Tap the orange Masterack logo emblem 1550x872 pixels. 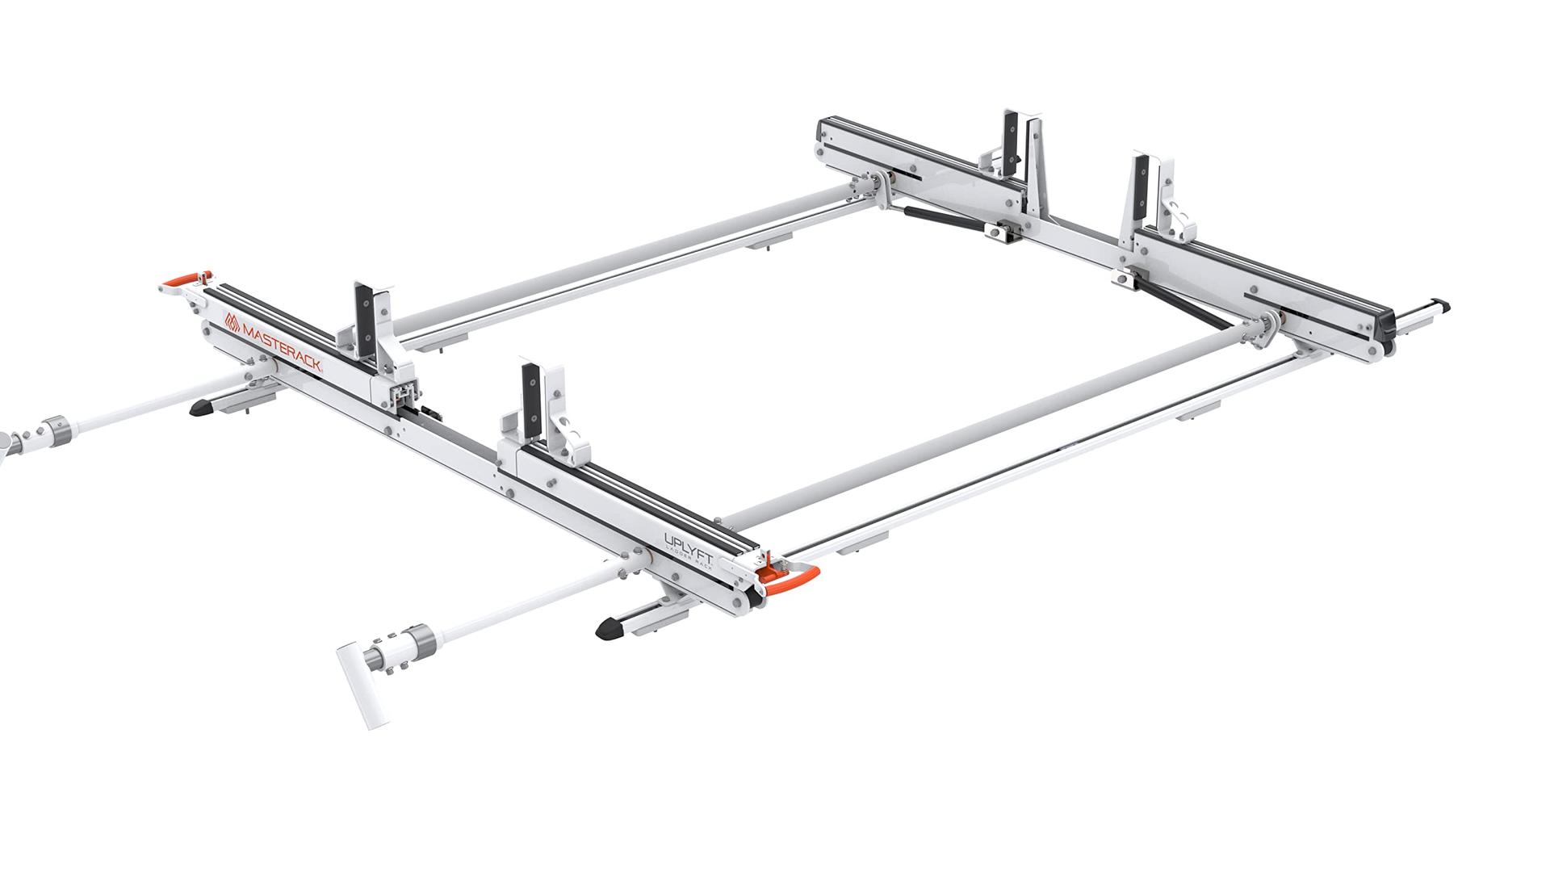click(232, 322)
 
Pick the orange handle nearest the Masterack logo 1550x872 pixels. click(186, 279)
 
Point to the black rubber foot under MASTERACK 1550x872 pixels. click(201, 409)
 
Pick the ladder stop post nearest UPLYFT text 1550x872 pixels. click(530, 400)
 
